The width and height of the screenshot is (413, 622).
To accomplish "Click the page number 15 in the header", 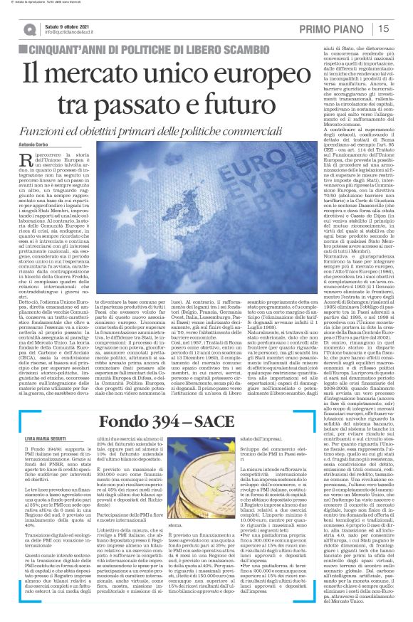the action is (383, 28).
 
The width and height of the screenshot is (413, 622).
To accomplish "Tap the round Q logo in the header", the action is (29, 29).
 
